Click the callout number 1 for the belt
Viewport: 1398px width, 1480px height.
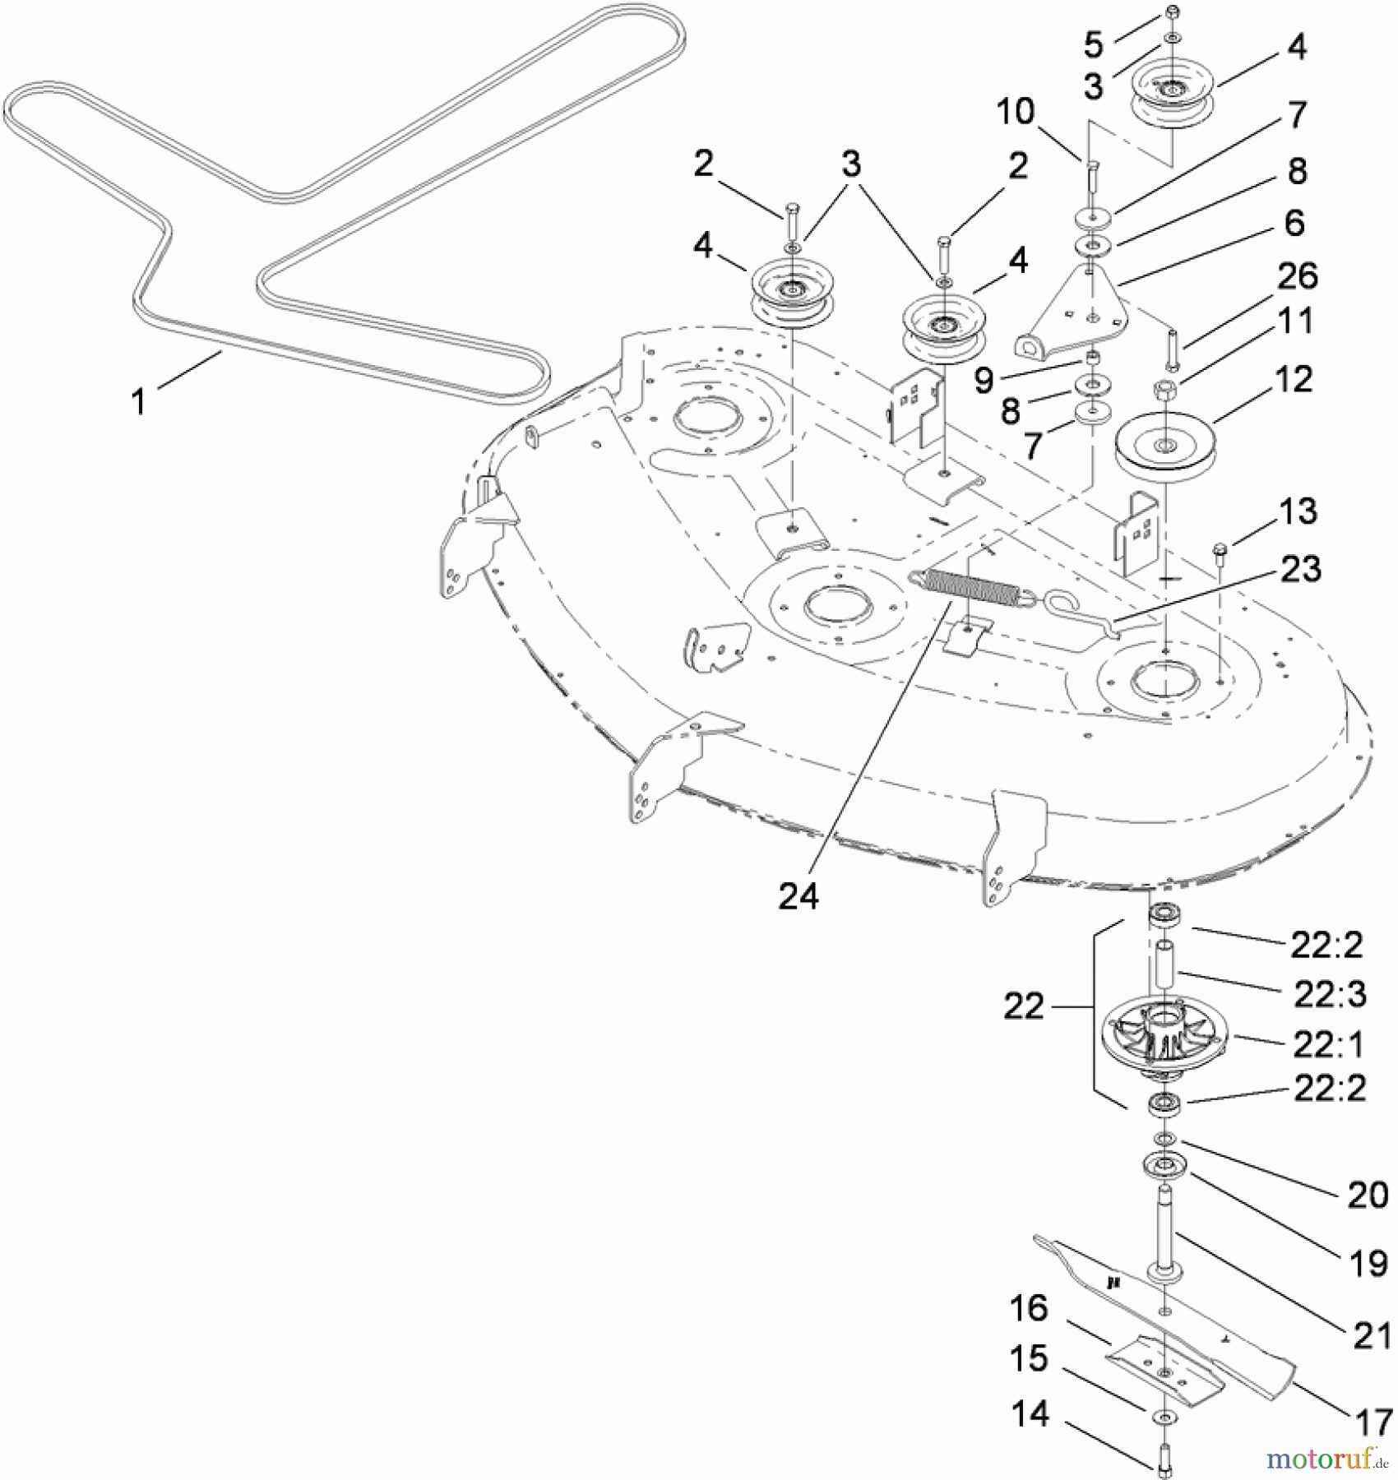point(139,401)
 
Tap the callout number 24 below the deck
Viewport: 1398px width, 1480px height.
point(798,896)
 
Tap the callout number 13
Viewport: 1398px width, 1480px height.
point(1298,511)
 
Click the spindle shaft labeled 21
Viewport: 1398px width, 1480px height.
point(1166,1233)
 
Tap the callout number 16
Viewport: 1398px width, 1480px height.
point(1028,1308)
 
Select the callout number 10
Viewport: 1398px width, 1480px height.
point(1015,112)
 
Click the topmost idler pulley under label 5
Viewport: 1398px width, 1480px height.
point(1173,90)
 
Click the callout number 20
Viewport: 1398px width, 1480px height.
point(1367,1195)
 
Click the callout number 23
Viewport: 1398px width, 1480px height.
point(1300,569)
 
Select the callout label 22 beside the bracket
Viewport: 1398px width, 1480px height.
point(1023,1006)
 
